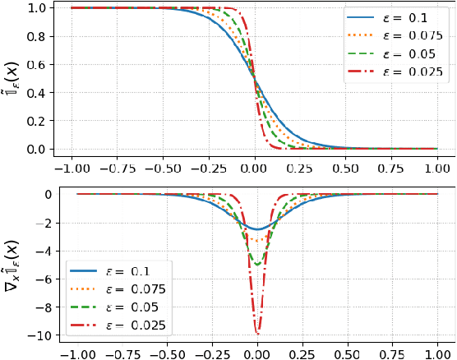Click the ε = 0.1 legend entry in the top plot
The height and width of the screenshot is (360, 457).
pyautogui.click(x=394, y=18)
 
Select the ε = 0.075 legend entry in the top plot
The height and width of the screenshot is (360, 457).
pyautogui.click(x=394, y=35)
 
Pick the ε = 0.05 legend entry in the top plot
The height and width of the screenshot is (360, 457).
pyautogui.click(x=394, y=53)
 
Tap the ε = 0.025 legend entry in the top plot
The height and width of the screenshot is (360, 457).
pyautogui.click(x=394, y=72)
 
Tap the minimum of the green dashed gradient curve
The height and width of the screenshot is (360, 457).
pyautogui.click(x=258, y=265)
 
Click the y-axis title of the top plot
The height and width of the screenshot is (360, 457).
pyautogui.click(x=12, y=79)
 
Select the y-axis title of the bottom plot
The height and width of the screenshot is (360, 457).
pyautogui.click(x=12, y=265)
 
